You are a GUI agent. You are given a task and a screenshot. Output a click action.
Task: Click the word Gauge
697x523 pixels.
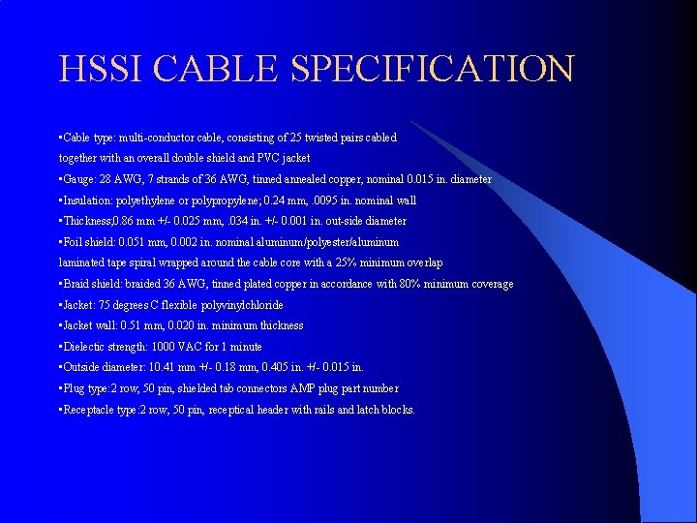click(x=80, y=179)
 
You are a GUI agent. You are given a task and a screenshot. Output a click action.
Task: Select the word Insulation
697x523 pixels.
click(x=87, y=200)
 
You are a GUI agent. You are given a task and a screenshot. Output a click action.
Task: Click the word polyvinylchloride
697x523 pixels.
click(x=242, y=305)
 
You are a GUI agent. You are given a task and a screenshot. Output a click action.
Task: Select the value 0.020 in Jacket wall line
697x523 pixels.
click(x=183, y=325)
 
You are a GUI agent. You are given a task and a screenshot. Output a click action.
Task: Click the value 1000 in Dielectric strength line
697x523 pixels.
click(x=165, y=347)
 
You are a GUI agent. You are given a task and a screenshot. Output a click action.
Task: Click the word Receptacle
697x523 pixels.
click(x=91, y=410)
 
